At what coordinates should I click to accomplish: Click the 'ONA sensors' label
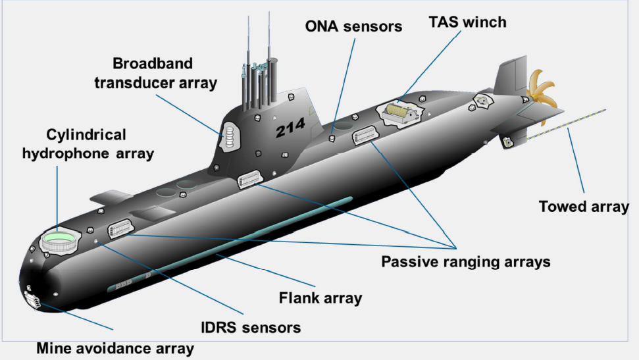[x=353, y=26]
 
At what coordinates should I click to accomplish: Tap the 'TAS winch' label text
[x=469, y=22]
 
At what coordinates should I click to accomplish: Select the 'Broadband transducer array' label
[x=155, y=73]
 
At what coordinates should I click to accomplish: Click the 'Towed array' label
[x=584, y=207]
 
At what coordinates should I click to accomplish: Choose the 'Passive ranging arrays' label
[x=465, y=262]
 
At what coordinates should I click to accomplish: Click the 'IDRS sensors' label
[x=251, y=327]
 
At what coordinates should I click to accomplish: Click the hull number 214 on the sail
[x=290, y=130]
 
